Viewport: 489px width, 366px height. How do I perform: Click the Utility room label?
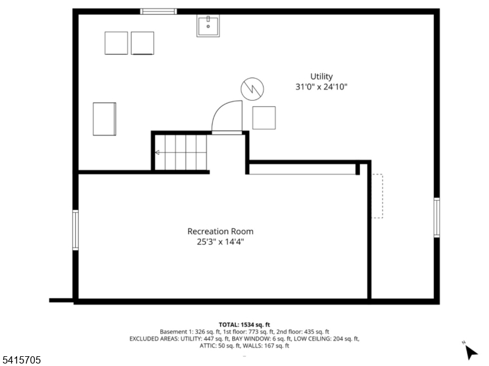pyautogui.click(x=322, y=76)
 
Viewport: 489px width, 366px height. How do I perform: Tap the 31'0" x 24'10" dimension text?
pyautogui.click(x=322, y=87)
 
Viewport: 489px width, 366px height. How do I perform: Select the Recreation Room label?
pyautogui.click(x=220, y=231)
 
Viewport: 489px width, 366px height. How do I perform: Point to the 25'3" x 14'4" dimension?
pyautogui.click(x=220, y=242)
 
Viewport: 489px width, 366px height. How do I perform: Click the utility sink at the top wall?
pyautogui.click(x=208, y=26)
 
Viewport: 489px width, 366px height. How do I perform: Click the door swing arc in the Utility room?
pyautogui.click(x=226, y=116)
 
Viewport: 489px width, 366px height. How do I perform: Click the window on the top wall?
pyautogui.click(x=158, y=11)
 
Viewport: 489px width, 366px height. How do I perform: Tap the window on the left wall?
pyautogui.click(x=75, y=229)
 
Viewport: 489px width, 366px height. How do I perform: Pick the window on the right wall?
pyautogui.click(x=436, y=217)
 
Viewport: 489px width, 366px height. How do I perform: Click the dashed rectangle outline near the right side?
pyautogui.click(x=377, y=196)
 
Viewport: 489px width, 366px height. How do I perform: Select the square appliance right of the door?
pyautogui.click(x=264, y=118)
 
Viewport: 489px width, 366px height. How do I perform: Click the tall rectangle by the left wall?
pyautogui.click(x=104, y=119)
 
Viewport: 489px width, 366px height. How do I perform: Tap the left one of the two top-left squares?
pyautogui.click(x=116, y=43)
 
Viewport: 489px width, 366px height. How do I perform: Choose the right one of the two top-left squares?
pyautogui.click(x=142, y=43)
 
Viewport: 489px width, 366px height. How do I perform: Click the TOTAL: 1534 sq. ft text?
pyautogui.click(x=244, y=324)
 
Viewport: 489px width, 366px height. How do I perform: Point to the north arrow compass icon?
pyautogui.click(x=470, y=351)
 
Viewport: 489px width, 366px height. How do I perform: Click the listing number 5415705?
pyautogui.click(x=21, y=361)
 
